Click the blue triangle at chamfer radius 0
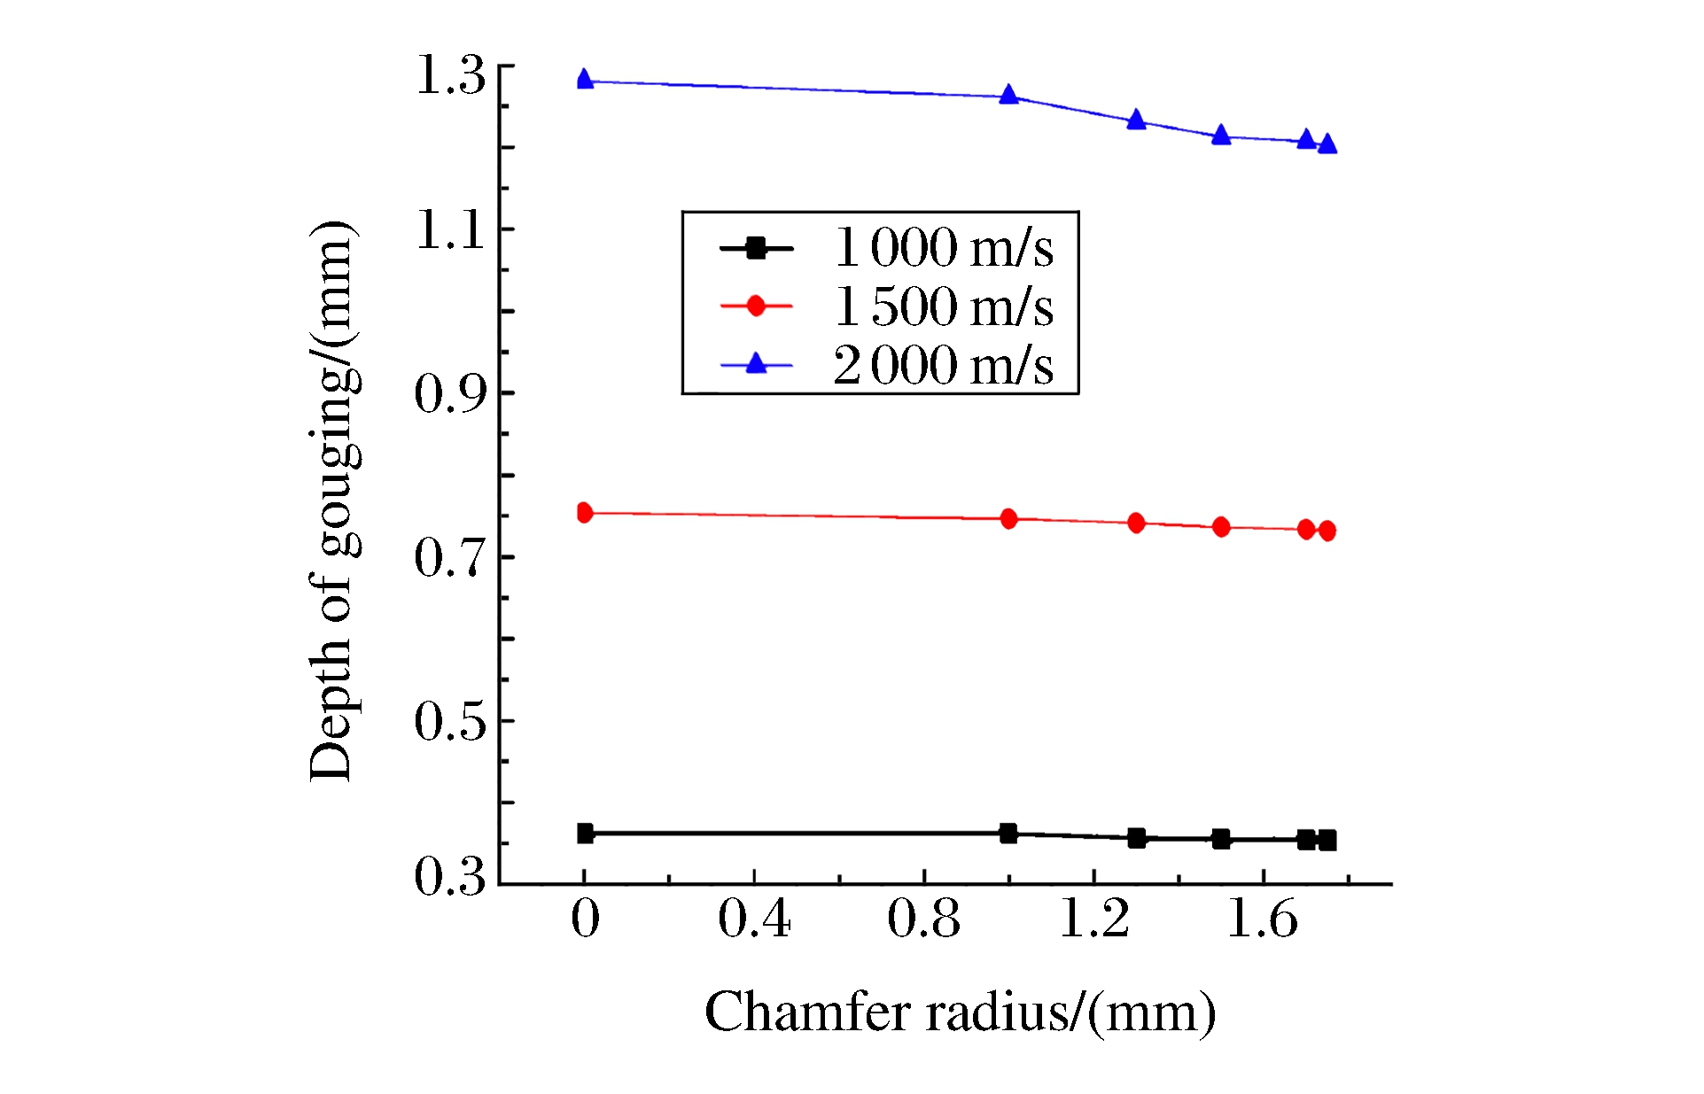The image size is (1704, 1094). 585,80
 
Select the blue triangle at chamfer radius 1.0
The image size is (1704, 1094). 1008,95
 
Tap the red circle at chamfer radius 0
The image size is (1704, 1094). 584,512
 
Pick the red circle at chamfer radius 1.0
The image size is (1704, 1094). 1008,519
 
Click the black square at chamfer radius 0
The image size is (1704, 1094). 585,833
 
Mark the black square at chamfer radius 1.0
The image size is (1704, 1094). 1008,833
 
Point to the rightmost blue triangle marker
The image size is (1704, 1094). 1327,144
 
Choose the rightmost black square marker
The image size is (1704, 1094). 1327,840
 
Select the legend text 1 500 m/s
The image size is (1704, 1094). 944,306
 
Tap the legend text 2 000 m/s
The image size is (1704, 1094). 944,365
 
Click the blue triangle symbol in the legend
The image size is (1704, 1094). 756,363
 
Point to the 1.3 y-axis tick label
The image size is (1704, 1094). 451,74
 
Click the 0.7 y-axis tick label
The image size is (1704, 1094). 451,558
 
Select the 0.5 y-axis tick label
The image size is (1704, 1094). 451,721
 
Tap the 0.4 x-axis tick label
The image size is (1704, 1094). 754,919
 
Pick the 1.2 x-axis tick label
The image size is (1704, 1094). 1094,919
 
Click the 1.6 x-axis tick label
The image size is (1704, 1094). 1263,919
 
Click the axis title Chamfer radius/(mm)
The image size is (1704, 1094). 960,1012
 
